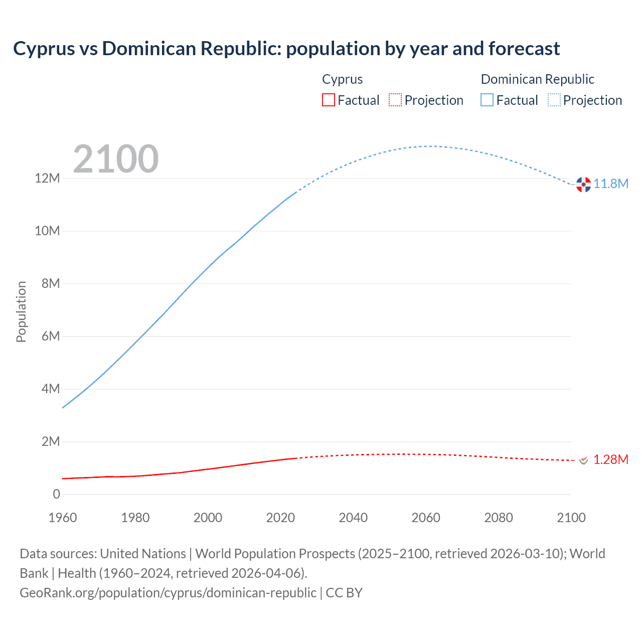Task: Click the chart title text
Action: pos(286,49)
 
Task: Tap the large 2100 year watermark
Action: pos(116,159)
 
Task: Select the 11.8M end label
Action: pos(611,184)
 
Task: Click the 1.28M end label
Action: pos(610,459)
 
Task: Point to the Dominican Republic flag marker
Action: pos(583,185)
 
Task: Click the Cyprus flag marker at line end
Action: pos(583,460)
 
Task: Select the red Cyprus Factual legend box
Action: pos(328,100)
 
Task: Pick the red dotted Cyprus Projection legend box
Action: pos(395,100)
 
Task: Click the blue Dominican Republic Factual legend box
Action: pos(487,100)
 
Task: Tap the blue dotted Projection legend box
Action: pos(554,100)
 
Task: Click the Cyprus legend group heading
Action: pos(342,79)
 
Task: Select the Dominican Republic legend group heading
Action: pos(537,79)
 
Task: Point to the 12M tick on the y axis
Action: pos(47,179)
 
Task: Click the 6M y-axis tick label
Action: pos(51,336)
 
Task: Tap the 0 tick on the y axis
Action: pos(56,494)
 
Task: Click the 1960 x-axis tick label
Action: pos(63,518)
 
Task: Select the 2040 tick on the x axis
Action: pos(353,518)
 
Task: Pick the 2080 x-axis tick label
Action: pos(499,518)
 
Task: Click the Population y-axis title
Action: pos(21,311)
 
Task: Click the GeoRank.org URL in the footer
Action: pos(168,593)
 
